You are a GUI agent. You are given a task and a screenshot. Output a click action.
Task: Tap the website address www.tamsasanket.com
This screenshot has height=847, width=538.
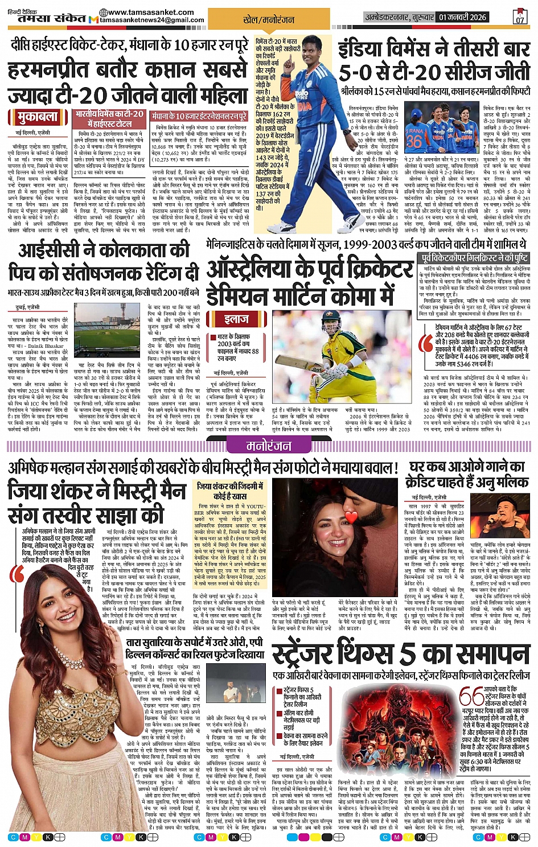click(x=142, y=13)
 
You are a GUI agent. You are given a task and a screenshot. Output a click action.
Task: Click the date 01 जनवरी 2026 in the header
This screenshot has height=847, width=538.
click(x=463, y=17)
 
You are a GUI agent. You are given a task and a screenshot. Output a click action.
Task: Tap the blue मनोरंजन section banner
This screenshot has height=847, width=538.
click(x=269, y=447)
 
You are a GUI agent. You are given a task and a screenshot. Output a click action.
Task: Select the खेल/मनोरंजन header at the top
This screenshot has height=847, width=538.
click(x=269, y=20)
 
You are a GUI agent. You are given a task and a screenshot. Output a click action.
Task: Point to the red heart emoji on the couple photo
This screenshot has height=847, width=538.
click(x=351, y=517)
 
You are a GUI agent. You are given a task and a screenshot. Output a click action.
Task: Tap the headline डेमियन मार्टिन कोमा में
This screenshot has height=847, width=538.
click(x=301, y=296)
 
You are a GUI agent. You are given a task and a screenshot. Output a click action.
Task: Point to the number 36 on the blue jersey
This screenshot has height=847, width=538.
click(x=414, y=140)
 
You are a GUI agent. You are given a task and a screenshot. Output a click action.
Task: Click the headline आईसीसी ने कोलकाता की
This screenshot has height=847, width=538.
click(x=104, y=251)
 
